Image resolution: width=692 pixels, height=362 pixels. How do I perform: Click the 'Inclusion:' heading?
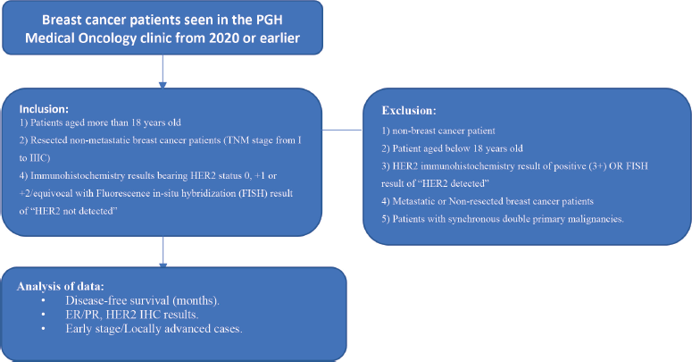click(x=44, y=109)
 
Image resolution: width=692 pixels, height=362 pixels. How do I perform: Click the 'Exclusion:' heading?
click(x=409, y=111)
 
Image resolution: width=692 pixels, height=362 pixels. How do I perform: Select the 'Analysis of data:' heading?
click(x=61, y=286)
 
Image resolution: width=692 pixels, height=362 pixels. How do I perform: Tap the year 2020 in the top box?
click(x=224, y=38)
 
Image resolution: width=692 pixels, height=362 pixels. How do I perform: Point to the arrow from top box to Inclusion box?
click(x=163, y=72)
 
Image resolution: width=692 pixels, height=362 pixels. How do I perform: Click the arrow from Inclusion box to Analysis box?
click(x=163, y=252)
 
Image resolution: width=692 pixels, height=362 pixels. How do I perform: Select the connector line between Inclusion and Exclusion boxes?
click(x=343, y=130)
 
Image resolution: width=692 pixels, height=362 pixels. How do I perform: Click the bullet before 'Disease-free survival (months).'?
click(x=43, y=300)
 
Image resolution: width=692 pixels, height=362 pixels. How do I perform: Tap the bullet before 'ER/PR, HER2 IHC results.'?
click(x=43, y=315)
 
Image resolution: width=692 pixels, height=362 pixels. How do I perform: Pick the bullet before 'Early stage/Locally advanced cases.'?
click(x=43, y=328)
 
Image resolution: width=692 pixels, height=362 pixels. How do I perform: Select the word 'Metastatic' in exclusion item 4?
click(x=413, y=201)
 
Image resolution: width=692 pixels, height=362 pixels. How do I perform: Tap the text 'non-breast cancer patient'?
click(x=444, y=130)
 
